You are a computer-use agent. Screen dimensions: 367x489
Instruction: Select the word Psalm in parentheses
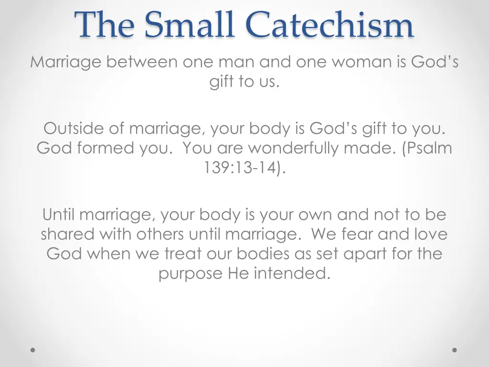click(430, 148)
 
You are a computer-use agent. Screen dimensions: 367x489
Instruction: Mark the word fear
click(358, 234)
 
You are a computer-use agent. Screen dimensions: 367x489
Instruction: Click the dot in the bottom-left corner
click(33, 350)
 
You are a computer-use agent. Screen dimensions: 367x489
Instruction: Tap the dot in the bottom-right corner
click(455, 350)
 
